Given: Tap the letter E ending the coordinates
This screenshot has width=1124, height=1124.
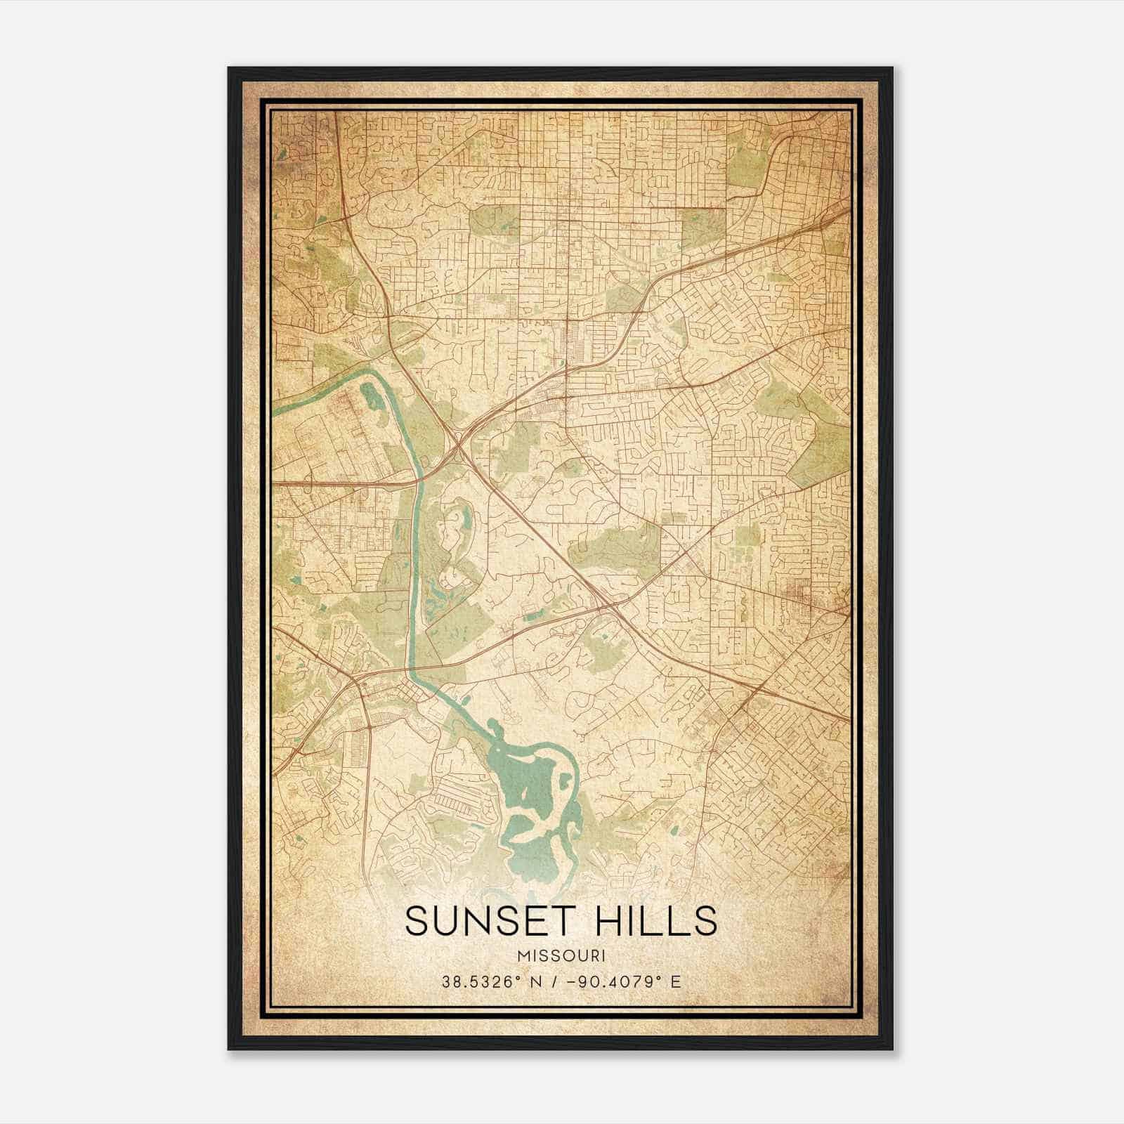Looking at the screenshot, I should [676, 981].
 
